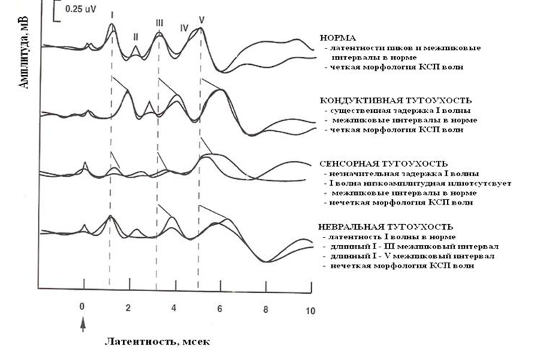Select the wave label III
159,23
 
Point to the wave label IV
184,28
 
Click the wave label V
201,20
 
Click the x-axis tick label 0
82,307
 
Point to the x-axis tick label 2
128,307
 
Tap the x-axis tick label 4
173,307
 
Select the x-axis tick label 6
219,308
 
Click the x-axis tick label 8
265,308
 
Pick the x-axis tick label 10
310,311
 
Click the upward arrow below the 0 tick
82,326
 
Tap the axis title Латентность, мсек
157,342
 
